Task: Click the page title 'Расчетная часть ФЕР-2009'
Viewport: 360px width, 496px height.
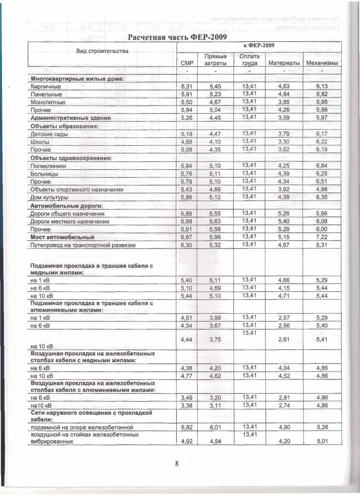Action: click(177, 37)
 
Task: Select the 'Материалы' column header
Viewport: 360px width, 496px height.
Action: click(284, 63)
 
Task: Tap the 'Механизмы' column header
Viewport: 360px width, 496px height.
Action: click(322, 63)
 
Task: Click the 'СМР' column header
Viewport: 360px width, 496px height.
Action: click(187, 63)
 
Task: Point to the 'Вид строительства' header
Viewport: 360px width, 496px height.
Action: click(102, 51)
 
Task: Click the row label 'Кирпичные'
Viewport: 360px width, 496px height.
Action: click(46, 86)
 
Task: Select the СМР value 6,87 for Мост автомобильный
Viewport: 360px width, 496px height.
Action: click(186, 237)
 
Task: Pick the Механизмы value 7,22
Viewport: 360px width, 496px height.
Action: click(322, 237)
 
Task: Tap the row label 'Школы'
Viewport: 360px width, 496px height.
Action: click(40, 142)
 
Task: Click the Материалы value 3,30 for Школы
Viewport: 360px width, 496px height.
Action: click(284, 142)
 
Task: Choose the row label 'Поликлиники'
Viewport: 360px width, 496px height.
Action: click(48, 166)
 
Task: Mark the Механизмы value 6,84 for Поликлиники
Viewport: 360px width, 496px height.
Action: click(322, 166)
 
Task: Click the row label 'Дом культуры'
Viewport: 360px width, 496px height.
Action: click(49, 197)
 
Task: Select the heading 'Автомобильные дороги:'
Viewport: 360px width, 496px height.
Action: click(66, 206)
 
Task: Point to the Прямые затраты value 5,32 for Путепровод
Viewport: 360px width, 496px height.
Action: click(215, 245)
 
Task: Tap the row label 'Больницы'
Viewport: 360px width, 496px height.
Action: click(44, 174)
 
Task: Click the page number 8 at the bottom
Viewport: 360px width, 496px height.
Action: click(177, 464)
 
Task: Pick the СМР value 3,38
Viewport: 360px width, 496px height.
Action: click(186, 405)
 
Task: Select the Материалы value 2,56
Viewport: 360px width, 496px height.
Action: click(284, 326)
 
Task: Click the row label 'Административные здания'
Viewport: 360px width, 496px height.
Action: click(70, 118)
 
